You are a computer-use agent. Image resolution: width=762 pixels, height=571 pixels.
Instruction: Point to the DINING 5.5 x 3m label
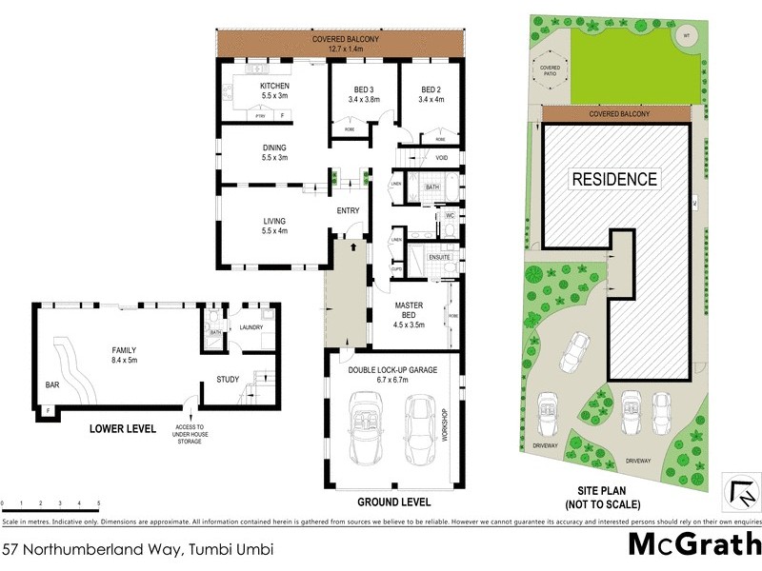click(x=274, y=152)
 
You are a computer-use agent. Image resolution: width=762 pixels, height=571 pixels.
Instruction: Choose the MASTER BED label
click(x=415, y=311)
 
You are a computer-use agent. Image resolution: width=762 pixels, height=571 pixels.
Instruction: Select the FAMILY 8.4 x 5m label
click(x=123, y=355)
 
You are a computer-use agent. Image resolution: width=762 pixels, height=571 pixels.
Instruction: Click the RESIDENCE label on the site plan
click(x=614, y=178)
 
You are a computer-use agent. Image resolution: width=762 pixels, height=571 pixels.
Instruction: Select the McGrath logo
click(x=693, y=544)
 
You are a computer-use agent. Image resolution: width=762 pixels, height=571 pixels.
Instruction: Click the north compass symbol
click(x=740, y=491)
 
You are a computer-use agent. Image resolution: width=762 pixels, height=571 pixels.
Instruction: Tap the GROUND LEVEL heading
click(x=393, y=502)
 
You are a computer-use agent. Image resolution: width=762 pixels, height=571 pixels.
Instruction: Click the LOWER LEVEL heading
click(x=123, y=429)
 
